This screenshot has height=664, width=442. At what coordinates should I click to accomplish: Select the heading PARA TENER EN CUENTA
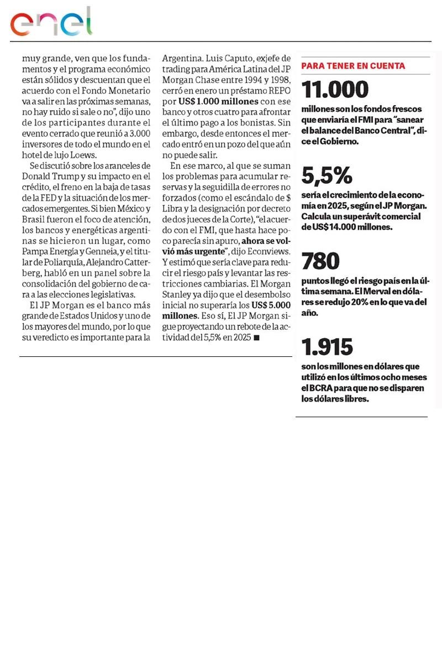(x=353, y=66)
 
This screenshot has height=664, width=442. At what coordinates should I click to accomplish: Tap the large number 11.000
(x=334, y=90)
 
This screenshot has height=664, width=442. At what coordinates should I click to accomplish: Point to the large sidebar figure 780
(x=320, y=261)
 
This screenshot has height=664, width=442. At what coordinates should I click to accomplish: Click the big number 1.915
(x=327, y=347)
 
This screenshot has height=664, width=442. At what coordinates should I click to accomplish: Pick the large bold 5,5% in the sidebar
(x=327, y=175)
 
